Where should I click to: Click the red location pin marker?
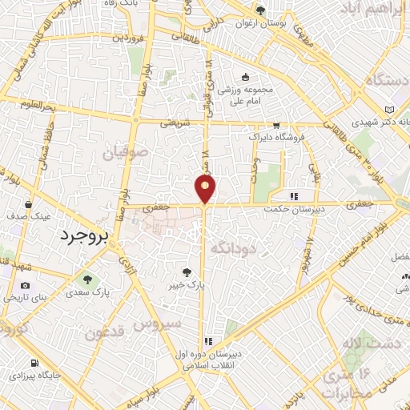tap(206, 188)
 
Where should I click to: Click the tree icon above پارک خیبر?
tap(186, 272)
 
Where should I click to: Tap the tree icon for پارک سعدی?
tap(87, 279)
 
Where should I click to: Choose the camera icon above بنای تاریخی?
tap(25, 286)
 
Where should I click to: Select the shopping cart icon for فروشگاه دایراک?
tap(276, 126)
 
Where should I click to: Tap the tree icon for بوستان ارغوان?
tap(260, 10)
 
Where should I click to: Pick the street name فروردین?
tap(128, 37)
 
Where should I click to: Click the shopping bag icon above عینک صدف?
tap(29, 203)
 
